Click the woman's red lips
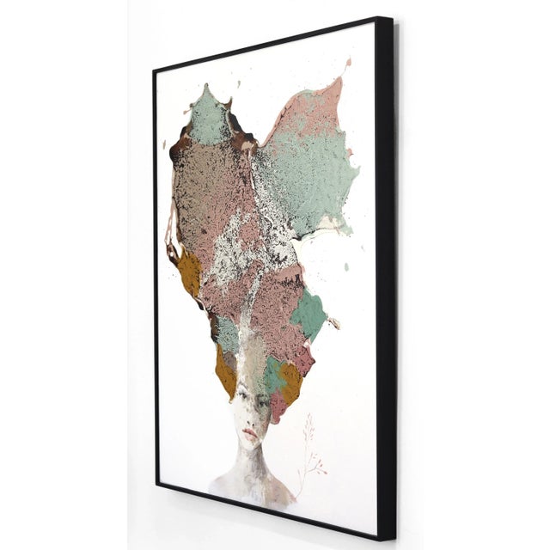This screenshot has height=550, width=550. (249, 436)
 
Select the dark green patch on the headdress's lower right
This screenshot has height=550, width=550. (309, 315)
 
